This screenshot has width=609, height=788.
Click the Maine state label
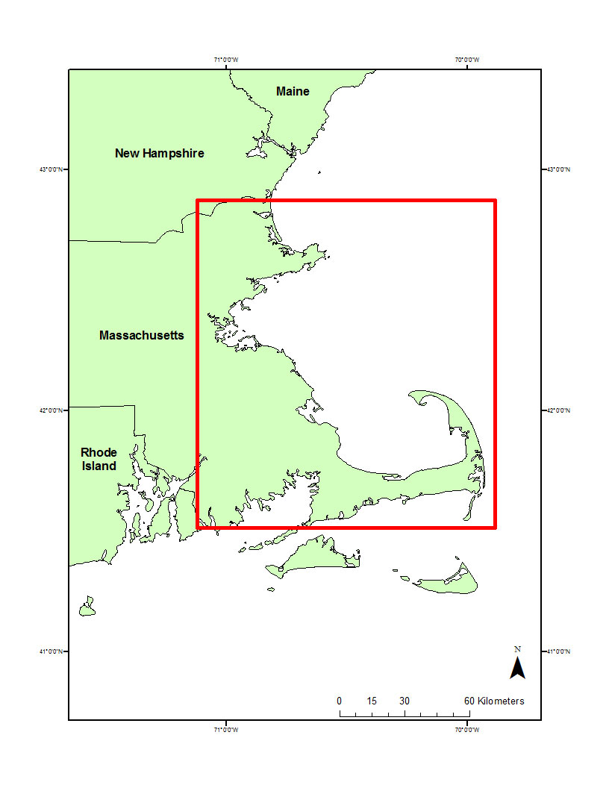pos(293,91)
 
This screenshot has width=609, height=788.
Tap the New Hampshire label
pos(159,153)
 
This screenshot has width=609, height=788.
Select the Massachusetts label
pos(141,335)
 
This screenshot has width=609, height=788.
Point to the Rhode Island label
pos(99,459)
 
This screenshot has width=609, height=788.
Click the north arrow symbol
pos(517,668)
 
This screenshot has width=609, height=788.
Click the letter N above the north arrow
pos(517,649)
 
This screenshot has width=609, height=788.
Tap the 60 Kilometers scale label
pos(494,701)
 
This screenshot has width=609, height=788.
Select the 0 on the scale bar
pos(340,701)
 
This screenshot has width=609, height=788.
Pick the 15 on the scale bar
pos(372,701)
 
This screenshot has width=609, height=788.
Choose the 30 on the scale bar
pos(404,701)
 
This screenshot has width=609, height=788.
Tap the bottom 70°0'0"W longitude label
pos(468,729)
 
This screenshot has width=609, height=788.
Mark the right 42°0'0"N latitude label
pos(558,410)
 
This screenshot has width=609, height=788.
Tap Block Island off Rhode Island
pos(88,607)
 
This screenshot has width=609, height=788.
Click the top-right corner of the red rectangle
pos(496,200)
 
